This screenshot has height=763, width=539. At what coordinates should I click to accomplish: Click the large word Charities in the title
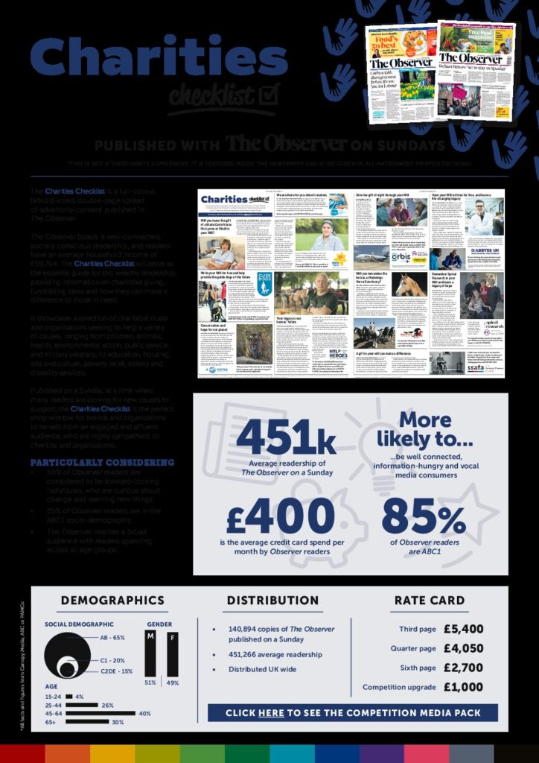(x=159, y=58)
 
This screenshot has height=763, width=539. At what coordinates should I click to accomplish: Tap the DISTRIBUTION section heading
(x=272, y=601)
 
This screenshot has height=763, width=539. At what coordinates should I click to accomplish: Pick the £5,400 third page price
(x=463, y=629)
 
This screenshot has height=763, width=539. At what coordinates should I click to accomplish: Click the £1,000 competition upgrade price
(x=463, y=687)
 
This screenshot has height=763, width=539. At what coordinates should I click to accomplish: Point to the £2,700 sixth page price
(x=463, y=668)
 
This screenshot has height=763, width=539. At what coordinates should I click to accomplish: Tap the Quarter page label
(x=413, y=648)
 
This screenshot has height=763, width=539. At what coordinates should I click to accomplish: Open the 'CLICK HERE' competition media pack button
(x=353, y=713)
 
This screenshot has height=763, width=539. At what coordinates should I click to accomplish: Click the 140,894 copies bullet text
(x=281, y=634)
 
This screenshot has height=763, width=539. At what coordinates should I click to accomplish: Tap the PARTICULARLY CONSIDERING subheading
(x=102, y=462)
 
